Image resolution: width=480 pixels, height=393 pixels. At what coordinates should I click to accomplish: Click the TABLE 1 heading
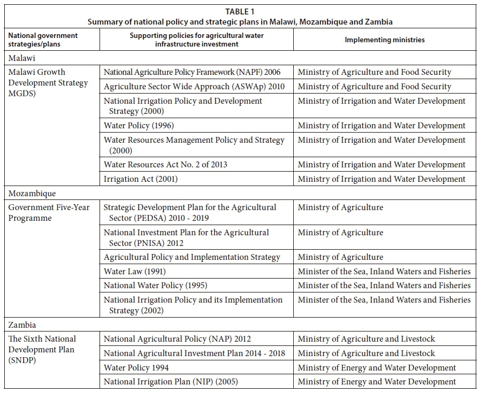coord(240,11)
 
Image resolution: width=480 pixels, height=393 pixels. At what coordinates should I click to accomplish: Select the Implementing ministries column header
coord(384,40)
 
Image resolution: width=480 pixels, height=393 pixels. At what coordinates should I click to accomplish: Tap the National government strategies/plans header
coord(42,40)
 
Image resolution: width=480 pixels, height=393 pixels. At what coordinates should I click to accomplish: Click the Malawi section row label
coord(21,58)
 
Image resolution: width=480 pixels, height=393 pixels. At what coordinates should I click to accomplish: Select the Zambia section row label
coord(22,325)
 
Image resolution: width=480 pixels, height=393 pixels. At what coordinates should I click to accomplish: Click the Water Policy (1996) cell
coord(139,126)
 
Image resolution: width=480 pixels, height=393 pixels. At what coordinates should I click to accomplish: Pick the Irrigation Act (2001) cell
coord(141,179)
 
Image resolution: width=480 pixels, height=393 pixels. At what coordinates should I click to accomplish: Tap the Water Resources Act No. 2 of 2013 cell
coord(165,165)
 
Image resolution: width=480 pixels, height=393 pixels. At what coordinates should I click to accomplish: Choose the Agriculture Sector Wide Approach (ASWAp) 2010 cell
coord(194,87)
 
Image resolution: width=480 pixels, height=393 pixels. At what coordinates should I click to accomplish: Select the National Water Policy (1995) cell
coord(155,286)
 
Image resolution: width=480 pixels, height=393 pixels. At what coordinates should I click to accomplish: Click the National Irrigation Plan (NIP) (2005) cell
coord(171,382)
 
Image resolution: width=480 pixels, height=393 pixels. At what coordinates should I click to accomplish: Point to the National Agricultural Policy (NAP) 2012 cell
coord(177,339)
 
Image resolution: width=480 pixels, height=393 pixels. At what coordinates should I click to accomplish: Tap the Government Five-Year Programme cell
coord(49,212)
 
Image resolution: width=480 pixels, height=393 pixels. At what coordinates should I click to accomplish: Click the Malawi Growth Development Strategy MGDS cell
coord(48,83)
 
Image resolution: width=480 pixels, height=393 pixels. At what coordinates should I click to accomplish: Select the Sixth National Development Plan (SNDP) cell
coord(42,349)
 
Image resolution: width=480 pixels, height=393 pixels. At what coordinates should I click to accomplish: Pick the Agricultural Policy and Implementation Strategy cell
coord(192,257)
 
